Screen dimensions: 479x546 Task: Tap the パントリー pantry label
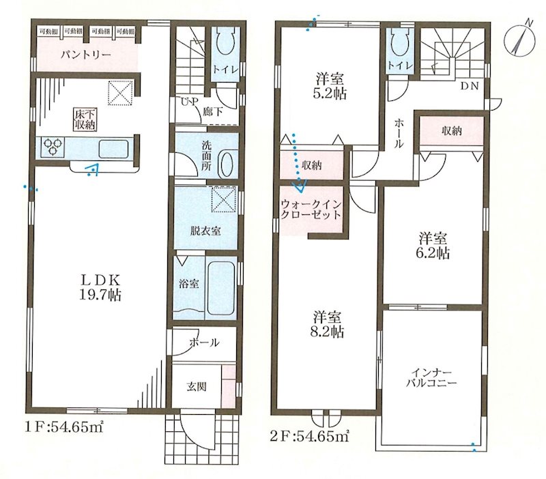[84, 55]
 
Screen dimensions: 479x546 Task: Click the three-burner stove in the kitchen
[54, 147]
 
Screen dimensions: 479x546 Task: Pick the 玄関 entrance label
[197, 386]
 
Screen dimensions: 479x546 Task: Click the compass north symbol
[521, 40]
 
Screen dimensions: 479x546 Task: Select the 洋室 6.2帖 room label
[433, 246]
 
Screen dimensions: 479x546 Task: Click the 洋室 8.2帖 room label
[328, 324]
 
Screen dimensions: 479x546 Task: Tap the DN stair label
[470, 86]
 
